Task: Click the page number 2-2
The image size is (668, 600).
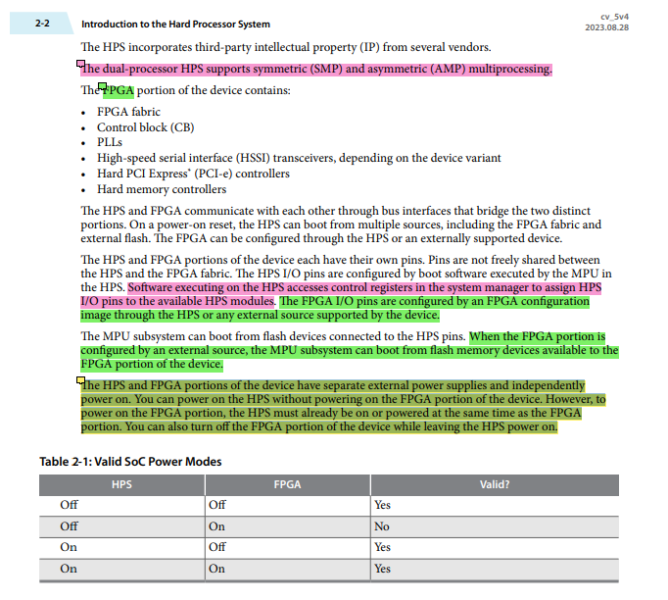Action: (41, 23)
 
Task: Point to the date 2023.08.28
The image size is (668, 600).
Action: (620, 27)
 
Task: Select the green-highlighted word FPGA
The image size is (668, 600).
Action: (119, 91)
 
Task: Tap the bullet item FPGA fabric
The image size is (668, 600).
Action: (128, 113)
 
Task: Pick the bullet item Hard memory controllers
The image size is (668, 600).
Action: (161, 189)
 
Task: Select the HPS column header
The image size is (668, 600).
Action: (121, 484)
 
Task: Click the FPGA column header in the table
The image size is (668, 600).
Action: (287, 484)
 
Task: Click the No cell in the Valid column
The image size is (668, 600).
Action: (381, 526)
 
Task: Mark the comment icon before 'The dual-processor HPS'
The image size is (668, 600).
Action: (81, 65)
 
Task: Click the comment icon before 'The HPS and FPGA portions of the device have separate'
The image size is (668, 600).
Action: (81, 381)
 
